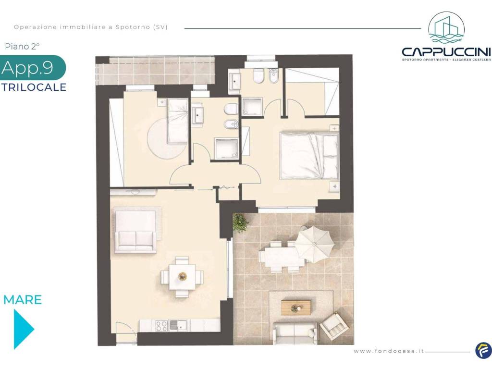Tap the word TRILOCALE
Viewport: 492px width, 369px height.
(34, 87)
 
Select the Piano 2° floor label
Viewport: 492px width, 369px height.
(22, 47)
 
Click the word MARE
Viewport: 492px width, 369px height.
(23, 300)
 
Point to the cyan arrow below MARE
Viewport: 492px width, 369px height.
(23, 329)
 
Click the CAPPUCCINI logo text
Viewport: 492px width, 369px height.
(446, 51)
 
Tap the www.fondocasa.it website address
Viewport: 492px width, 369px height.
(389, 351)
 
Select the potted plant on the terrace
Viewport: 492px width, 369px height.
(240, 223)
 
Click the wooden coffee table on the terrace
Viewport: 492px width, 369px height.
(296, 307)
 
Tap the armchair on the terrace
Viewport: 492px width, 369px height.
(334, 327)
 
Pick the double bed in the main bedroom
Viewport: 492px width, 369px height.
(309, 156)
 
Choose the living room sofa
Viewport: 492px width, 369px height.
(135, 242)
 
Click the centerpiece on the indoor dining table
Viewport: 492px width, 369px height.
(182, 276)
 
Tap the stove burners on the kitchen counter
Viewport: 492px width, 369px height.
(161, 326)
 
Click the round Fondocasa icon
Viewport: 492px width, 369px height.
(483, 351)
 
